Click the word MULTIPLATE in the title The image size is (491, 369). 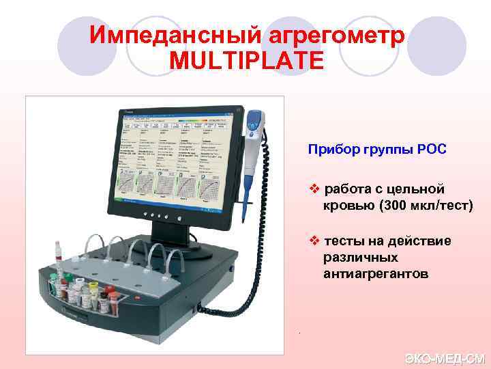point(245,60)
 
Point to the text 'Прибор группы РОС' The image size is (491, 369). point(377,149)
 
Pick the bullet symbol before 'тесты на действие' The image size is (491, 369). point(314,241)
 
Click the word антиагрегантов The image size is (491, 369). point(376,274)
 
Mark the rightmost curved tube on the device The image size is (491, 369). point(180,259)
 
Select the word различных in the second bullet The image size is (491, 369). point(361,258)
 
